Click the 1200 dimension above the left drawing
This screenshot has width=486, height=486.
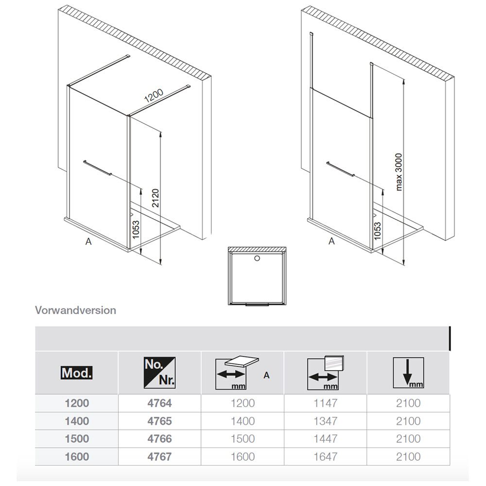(154, 96)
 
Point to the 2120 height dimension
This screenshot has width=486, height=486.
(156, 198)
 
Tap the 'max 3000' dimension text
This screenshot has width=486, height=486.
(399, 172)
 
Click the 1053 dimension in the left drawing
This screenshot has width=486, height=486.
(136, 230)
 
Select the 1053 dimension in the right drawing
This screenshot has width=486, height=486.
(377, 231)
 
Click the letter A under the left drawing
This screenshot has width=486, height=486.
(88, 241)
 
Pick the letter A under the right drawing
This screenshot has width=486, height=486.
(331, 241)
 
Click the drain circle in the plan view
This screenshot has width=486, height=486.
(257, 258)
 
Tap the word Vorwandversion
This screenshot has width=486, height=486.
(76, 310)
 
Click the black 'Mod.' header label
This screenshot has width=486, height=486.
(77, 373)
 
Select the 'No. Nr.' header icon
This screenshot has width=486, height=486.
(159, 373)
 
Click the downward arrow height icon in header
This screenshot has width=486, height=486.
(408, 373)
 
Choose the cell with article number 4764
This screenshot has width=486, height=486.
(159, 403)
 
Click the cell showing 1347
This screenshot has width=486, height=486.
(326, 421)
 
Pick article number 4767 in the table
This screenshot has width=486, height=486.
(159, 456)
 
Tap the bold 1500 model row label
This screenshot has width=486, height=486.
(77, 439)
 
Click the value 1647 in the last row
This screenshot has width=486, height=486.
(326, 456)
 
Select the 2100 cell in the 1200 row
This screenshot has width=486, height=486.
(408, 403)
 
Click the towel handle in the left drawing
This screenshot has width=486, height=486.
(97, 168)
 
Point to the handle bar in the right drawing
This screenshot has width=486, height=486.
(340, 169)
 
